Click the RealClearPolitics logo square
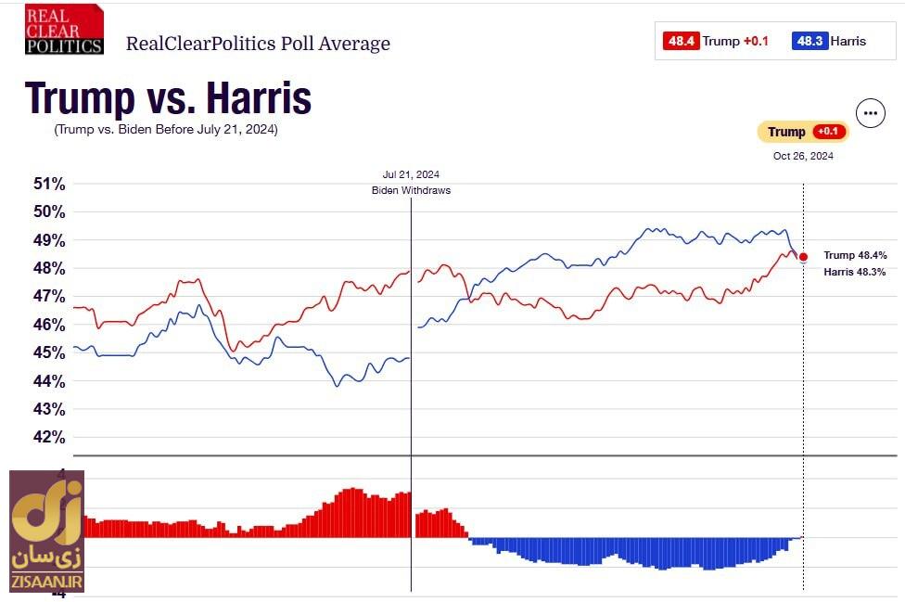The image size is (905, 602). (64, 30)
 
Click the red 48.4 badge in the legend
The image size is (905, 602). (681, 41)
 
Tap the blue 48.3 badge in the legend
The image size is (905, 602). (809, 41)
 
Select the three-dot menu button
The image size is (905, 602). (870, 113)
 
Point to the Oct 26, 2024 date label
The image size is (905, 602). (803, 156)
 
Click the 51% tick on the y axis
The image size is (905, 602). (49, 184)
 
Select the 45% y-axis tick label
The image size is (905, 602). (49, 353)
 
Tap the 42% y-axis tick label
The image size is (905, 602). (49, 438)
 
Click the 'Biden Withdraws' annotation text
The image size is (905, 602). (411, 190)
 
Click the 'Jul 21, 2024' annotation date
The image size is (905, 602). (411, 174)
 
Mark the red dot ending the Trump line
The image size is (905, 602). (803, 257)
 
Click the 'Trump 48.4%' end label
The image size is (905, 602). (855, 255)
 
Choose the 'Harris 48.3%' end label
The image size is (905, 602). (855, 272)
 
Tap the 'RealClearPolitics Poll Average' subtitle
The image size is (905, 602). (258, 44)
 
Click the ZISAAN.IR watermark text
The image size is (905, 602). (47, 583)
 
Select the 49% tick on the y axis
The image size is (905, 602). (49, 240)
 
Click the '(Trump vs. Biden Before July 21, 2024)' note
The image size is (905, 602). (166, 129)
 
